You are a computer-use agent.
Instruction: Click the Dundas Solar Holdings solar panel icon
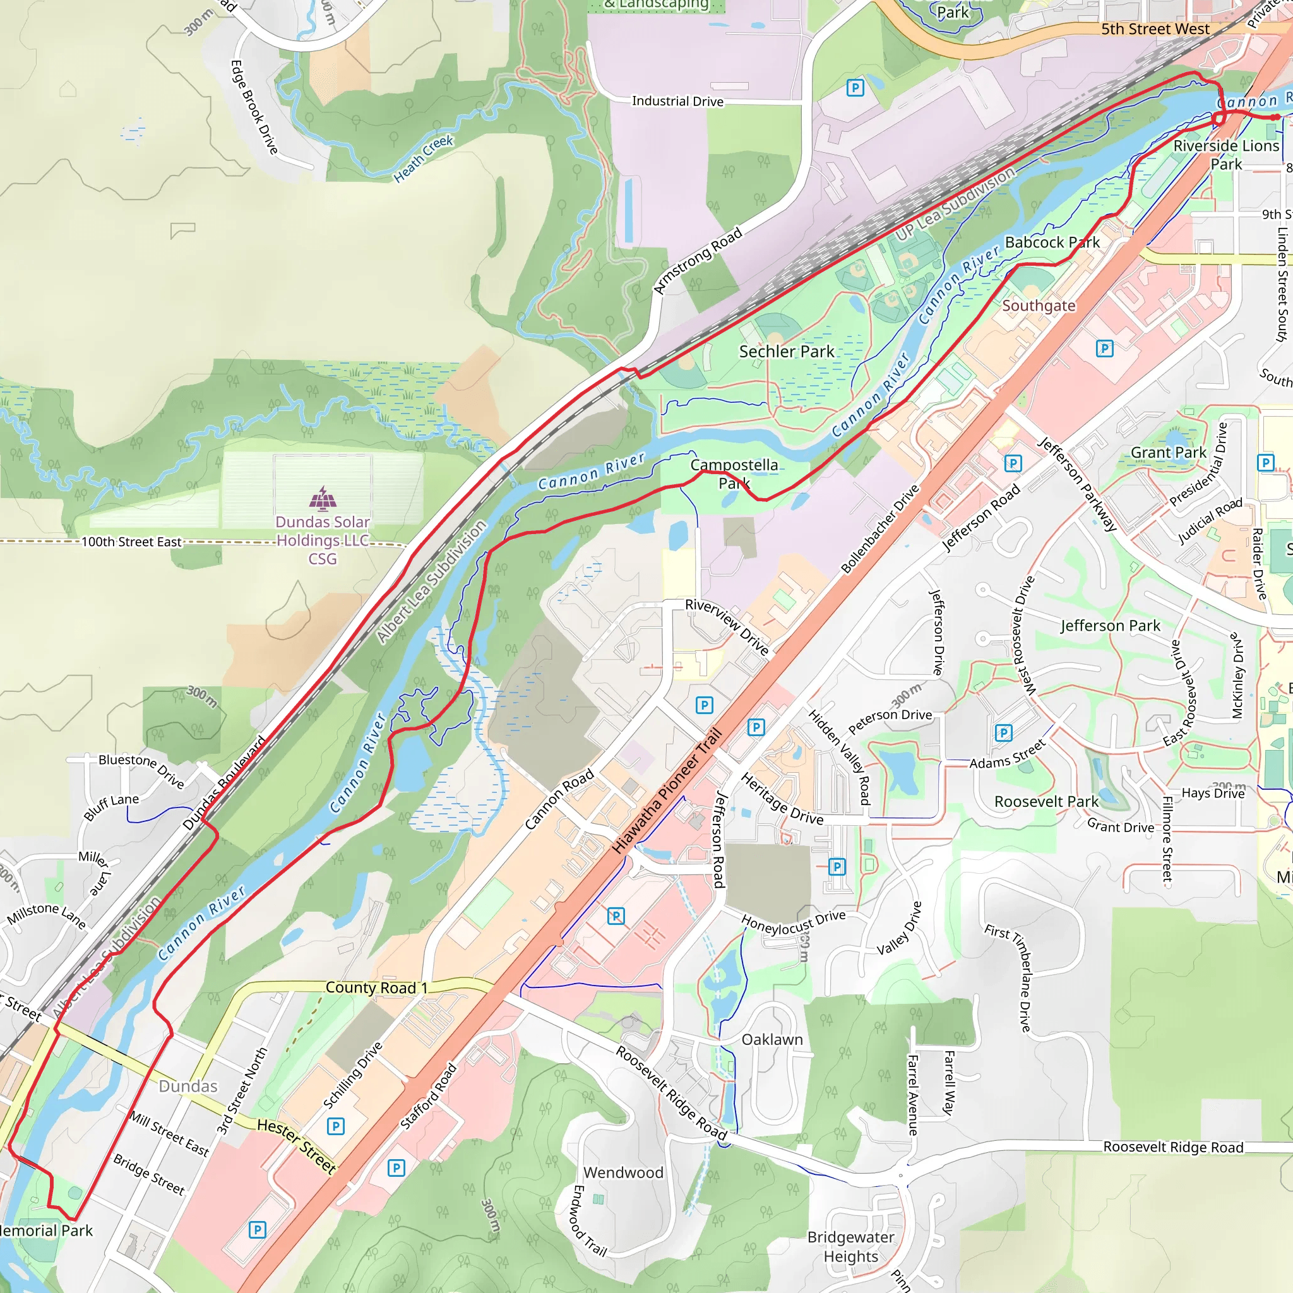tap(323, 499)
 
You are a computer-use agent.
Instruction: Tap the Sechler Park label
tap(787, 352)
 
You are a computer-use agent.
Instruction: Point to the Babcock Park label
tap(1052, 242)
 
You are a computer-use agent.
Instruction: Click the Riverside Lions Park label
tap(1226, 155)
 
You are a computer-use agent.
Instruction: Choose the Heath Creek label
tap(423, 158)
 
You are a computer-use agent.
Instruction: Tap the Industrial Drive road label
tap(677, 101)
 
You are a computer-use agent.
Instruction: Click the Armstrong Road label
tap(698, 260)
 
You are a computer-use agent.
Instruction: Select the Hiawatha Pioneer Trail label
tap(667, 790)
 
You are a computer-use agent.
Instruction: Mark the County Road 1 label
tap(376, 987)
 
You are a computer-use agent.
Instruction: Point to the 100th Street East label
tap(131, 542)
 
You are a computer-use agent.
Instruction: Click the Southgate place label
tap(1038, 305)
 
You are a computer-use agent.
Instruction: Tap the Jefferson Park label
tap(1111, 626)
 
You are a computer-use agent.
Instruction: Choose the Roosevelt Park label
tap(1046, 802)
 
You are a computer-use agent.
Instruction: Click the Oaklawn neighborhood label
tap(772, 1039)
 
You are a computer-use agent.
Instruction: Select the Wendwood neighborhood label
tap(623, 1172)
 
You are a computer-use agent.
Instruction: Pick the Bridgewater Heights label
tap(850, 1247)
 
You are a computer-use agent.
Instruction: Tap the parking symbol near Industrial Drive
tap(855, 88)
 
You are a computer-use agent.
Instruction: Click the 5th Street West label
tap(1155, 29)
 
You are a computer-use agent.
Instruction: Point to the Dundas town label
tap(188, 1086)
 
